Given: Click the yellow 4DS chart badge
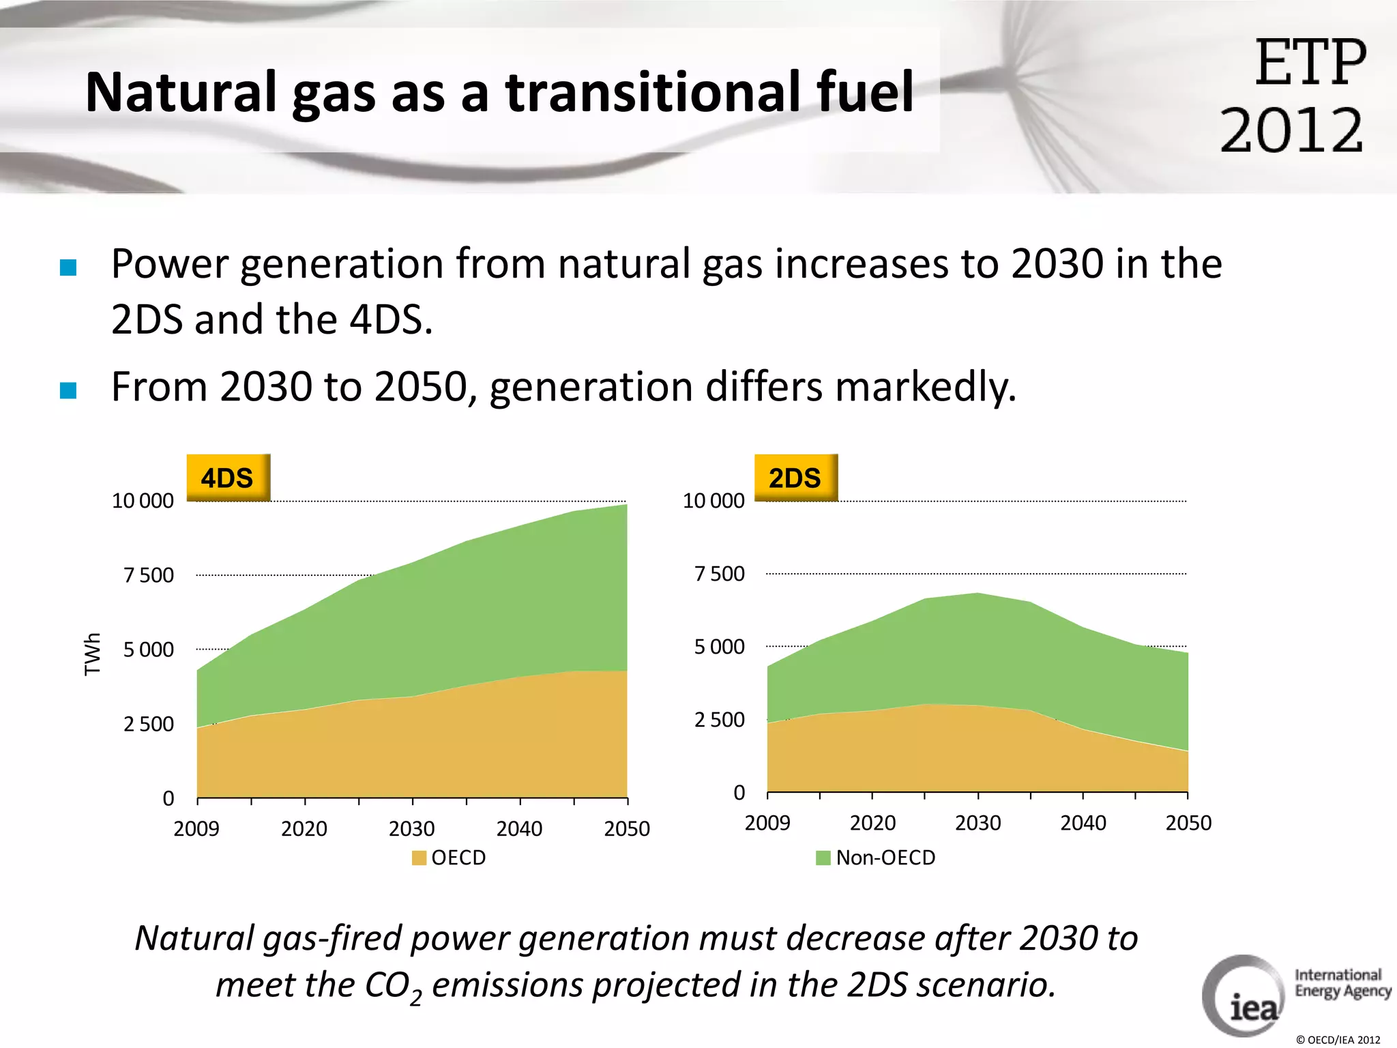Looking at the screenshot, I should coord(228,478).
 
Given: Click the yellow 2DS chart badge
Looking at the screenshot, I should coord(795,478).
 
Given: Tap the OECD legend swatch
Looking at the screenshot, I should coord(419,858).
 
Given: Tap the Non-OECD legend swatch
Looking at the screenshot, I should coord(823,858).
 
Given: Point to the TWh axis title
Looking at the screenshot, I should coord(92,654).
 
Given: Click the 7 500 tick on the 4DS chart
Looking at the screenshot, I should coord(148,575).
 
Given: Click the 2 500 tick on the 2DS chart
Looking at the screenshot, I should coord(719,720).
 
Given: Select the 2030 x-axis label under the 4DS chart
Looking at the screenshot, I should coord(411,828).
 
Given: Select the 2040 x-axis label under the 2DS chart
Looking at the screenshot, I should coord(1083,823).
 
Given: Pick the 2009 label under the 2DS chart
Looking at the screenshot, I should coord(767,823).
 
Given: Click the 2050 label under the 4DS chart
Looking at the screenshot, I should coord(626,828).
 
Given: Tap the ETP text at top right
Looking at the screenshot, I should coord(1310,63).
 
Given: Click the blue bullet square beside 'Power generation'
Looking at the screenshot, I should coord(68,267).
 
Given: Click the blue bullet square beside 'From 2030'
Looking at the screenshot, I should coord(68,390).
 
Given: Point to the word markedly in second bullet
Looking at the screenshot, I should coord(925,387).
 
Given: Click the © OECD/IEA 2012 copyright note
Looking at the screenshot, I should coord(1338,1040).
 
